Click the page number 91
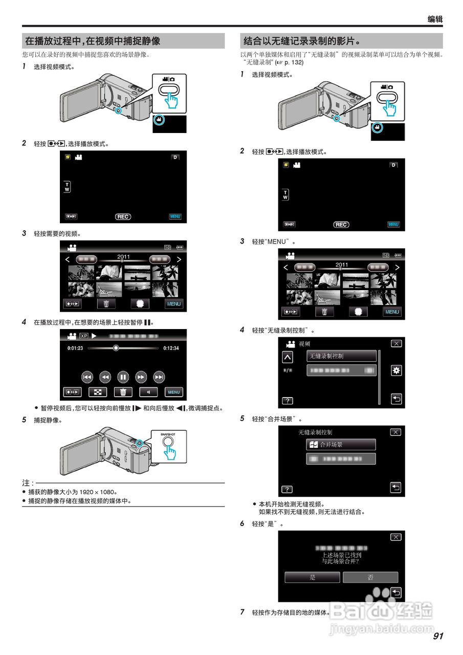pos(437,636)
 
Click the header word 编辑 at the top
pos(435,19)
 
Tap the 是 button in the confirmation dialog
pos(312,577)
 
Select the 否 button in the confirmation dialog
pos(370,577)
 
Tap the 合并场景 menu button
pos(341,445)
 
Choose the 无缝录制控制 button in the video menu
pos(341,356)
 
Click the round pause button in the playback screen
pos(123,377)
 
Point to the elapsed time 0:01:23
pos(75,348)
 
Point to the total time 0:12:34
pos(171,348)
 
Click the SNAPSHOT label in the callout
pos(168,434)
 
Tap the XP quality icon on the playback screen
pos(84,337)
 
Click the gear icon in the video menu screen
pos(395,370)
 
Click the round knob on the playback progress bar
pos(116,348)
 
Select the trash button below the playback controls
pos(123,392)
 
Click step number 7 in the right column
pos(242,612)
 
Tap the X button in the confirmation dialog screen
pos(395,537)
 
